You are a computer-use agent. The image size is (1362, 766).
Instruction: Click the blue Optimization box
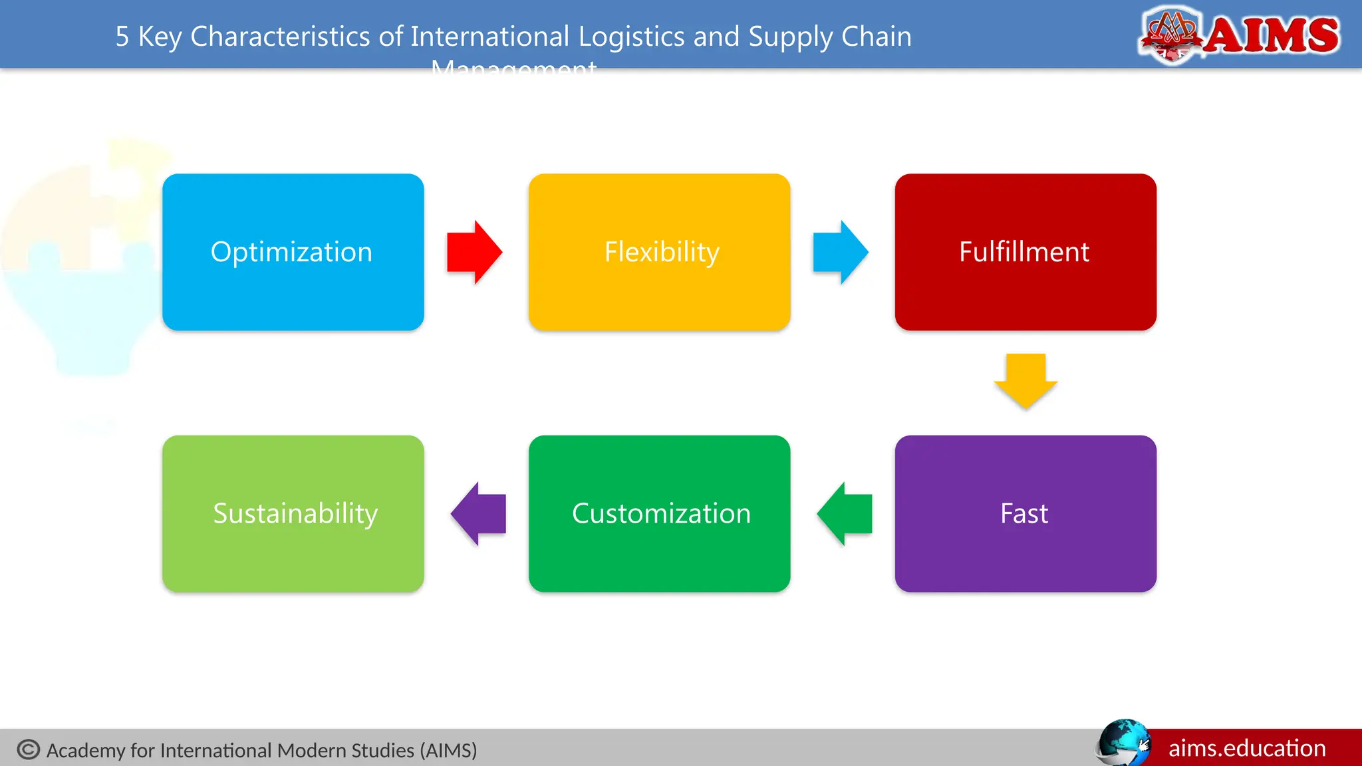point(293,252)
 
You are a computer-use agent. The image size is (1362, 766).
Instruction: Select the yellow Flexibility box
point(659,252)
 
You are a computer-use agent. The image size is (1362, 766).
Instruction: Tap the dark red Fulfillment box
point(1025,252)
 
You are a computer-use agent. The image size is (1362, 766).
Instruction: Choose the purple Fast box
point(1025,513)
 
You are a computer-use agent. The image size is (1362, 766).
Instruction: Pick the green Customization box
point(659,513)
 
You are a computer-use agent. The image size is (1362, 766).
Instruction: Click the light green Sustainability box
point(293,513)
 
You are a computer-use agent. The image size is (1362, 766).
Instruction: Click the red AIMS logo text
point(1272,35)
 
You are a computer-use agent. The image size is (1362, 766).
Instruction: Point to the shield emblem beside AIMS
point(1171,35)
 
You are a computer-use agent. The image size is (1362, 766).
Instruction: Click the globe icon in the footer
point(1123,742)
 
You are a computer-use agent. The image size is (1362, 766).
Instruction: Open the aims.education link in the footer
point(1247,748)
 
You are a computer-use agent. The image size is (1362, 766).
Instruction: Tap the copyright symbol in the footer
point(29,749)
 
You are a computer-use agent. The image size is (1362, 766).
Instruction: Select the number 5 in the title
point(122,37)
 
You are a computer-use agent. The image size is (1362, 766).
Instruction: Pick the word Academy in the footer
point(86,750)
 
